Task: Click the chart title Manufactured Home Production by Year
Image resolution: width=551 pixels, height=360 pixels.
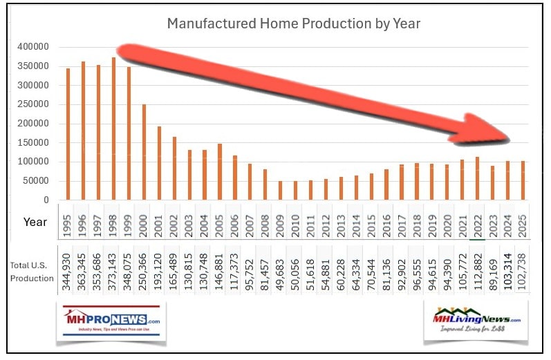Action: click(x=294, y=24)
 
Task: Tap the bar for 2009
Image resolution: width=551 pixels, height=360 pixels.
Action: click(x=280, y=191)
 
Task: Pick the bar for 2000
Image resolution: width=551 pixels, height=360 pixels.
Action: click(x=144, y=153)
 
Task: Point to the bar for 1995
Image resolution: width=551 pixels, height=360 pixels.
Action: click(x=68, y=135)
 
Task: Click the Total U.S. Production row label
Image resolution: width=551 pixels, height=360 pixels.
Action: click(x=32, y=272)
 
